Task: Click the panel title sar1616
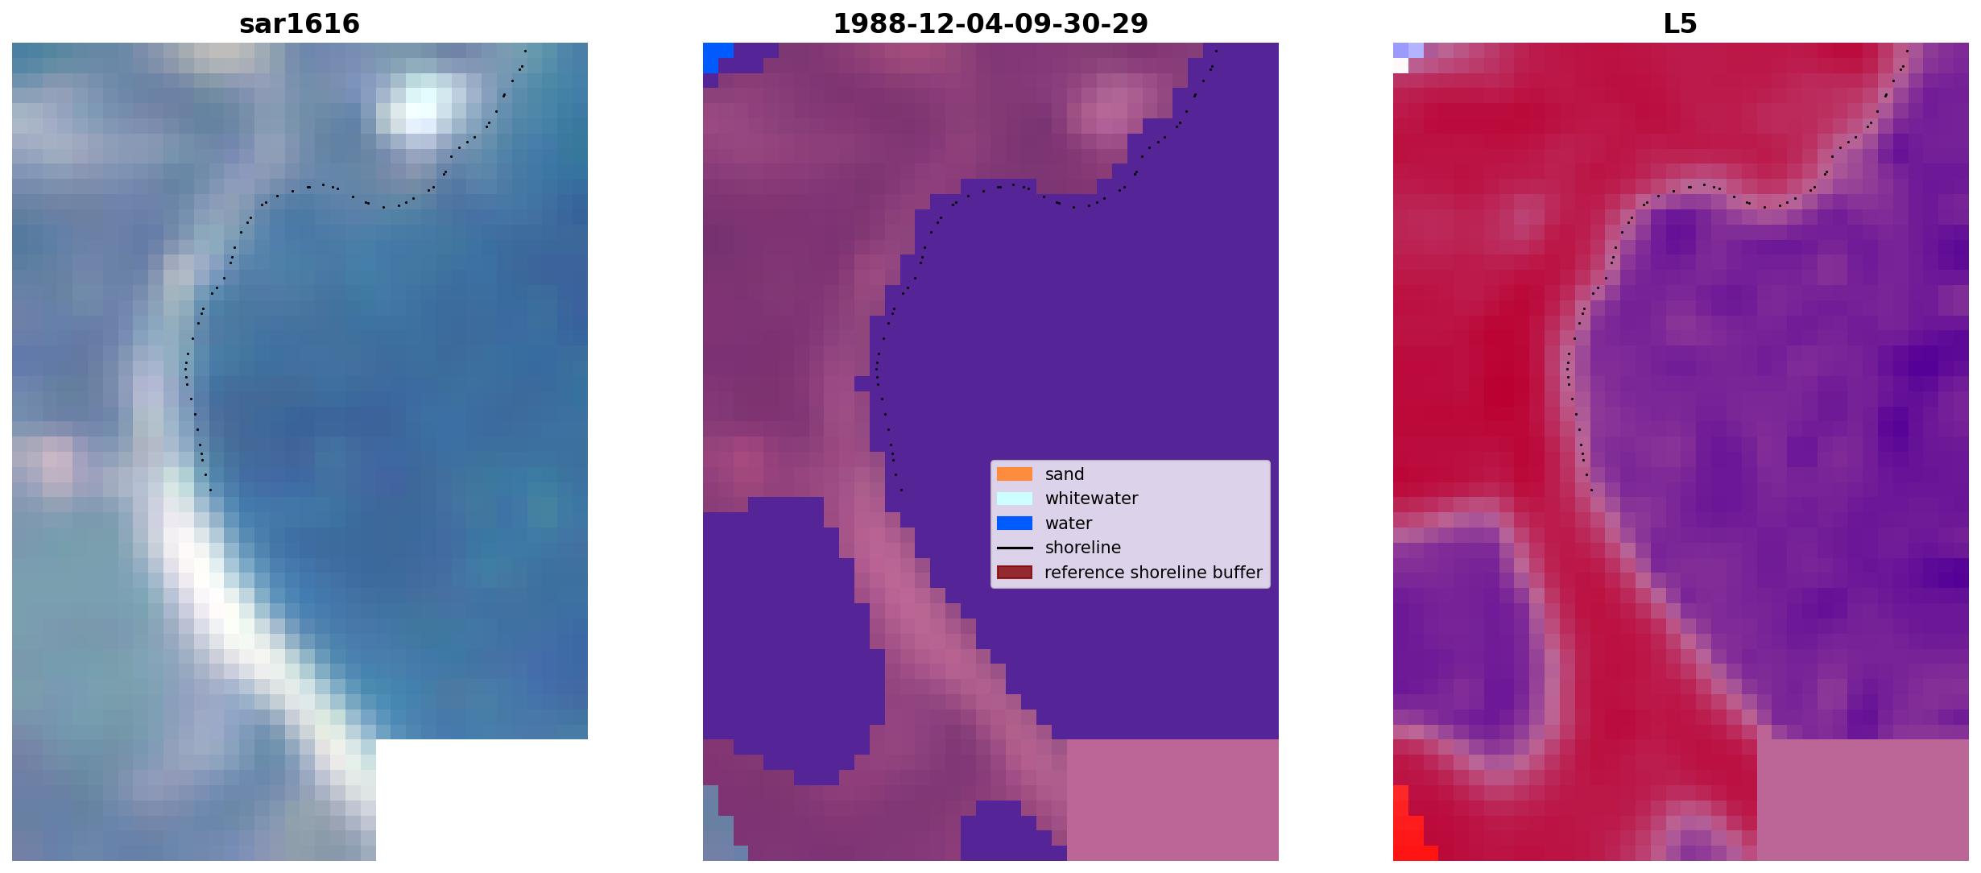[300, 24]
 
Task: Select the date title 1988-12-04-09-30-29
[990, 24]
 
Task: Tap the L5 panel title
[1680, 24]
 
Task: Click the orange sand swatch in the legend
[1015, 474]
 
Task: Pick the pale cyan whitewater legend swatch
[1015, 499]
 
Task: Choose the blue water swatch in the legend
[1015, 523]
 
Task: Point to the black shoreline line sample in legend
[1015, 548]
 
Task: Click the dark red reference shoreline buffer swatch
[1015, 573]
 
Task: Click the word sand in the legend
[1065, 474]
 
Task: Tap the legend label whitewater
[1091, 499]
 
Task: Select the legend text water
[1069, 523]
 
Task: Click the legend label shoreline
[1082, 548]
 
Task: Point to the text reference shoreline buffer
[1153, 573]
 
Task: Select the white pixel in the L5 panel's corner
[1400, 65]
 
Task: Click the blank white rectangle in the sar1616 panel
[482, 800]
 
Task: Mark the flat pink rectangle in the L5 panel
[1863, 800]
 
